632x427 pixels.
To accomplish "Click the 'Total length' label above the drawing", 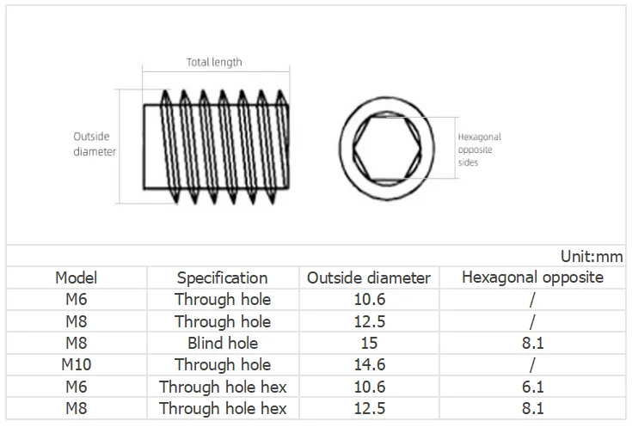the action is [214, 62].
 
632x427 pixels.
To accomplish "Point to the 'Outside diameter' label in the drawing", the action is [93, 144].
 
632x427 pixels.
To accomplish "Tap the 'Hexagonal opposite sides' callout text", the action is [479, 149].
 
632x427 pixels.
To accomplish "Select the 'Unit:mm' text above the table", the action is [591, 256].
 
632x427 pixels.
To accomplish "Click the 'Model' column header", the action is [77, 278].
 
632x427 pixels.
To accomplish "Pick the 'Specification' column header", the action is [222, 278].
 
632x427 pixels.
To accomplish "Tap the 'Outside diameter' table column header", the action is [368, 278].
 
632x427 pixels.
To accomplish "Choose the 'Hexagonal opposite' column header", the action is [532, 277].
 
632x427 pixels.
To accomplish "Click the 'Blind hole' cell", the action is [222, 343].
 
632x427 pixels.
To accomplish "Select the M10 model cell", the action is [77, 364].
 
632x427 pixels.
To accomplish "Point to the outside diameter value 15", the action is [368, 343].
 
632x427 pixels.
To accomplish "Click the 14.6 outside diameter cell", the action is [368, 364].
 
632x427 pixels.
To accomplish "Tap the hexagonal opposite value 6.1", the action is [532, 387].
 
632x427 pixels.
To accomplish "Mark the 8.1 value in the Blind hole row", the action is [532, 343].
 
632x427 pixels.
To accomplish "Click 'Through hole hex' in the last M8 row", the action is [222, 408].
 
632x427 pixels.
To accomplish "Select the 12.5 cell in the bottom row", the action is [368, 408].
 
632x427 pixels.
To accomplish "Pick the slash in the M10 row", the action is [532, 364].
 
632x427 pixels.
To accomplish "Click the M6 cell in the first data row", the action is [77, 299].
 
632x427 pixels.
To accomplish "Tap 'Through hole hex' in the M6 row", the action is [222, 387].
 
